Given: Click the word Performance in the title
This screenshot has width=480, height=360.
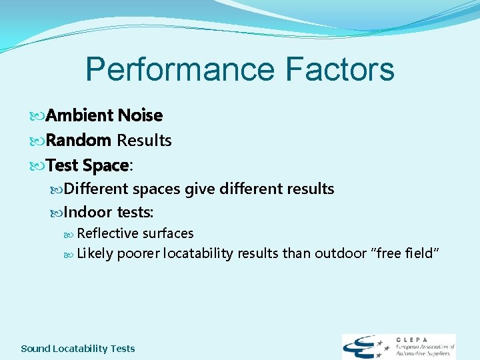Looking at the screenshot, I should (x=181, y=69).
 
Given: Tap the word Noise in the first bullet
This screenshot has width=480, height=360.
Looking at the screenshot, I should (x=140, y=115).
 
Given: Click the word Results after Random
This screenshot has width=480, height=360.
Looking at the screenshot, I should (x=144, y=140).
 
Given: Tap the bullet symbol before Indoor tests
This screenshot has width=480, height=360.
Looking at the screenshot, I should (x=56, y=213).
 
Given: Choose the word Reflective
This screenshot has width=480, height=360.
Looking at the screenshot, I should (x=107, y=233).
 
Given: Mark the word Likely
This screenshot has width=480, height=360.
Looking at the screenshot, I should (x=95, y=253).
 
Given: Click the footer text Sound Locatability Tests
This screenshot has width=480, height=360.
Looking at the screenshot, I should (x=78, y=348).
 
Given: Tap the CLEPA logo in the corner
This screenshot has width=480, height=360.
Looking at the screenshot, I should (x=398, y=347).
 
